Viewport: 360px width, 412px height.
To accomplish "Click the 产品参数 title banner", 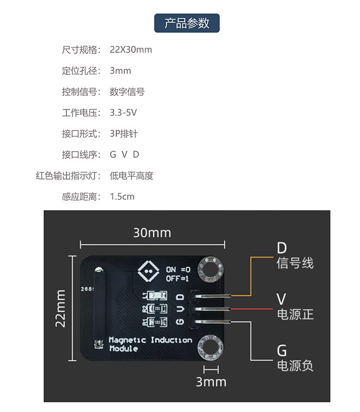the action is tap(187, 23).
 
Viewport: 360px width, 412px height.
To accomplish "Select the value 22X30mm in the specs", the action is tap(131, 49).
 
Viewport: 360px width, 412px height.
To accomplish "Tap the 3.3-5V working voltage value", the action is tap(123, 113).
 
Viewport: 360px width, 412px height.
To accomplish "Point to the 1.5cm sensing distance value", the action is tap(122, 196).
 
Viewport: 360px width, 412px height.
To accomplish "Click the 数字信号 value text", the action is tap(127, 92).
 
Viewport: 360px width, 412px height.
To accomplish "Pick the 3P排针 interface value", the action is tap(124, 134).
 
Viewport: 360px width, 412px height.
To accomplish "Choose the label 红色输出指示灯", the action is tap(68, 176).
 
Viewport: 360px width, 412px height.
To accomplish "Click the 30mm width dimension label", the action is tap(152, 233).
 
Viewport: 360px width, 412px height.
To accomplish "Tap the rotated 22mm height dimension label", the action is tap(60, 308).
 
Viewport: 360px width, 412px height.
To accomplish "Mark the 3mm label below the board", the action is tap(211, 382).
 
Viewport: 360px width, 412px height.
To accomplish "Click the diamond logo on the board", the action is tap(148, 271).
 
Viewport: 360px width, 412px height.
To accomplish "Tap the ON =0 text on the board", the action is tap(178, 269).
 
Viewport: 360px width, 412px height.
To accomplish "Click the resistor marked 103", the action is tap(157, 322).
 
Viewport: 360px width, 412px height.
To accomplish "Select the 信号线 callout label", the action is tap(295, 263).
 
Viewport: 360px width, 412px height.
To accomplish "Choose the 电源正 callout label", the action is tap(295, 314).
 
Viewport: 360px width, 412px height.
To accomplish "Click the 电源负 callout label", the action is tap(295, 365).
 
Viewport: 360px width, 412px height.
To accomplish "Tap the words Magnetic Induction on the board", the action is tap(150, 340).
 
